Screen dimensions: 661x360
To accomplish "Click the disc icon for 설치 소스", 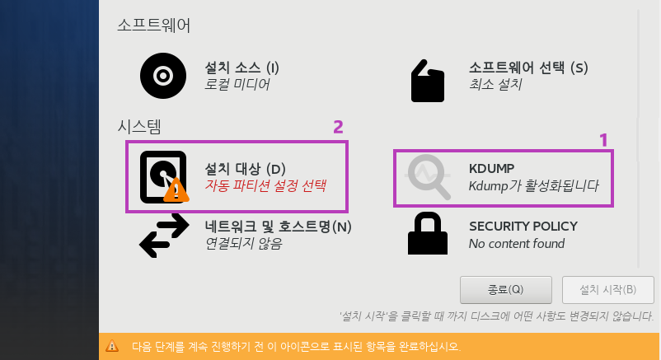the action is [x=162, y=76].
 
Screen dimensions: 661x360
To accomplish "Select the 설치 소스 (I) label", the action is [x=242, y=68].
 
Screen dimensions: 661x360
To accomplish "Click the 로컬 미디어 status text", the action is [x=237, y=84].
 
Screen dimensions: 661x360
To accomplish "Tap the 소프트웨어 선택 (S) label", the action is [x=527, y=68].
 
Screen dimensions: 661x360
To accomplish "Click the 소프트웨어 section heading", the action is [x=154, y=26].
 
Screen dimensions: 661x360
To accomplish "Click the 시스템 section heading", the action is [x=139, y=126].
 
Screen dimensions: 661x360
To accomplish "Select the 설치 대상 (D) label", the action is [x=245, y=168].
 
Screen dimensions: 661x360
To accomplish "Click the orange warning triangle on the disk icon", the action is [x=175, y=192].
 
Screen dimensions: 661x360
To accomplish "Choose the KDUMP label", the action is [x=492, y=169].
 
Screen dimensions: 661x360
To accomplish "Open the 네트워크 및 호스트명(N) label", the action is [x=278, y=226].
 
